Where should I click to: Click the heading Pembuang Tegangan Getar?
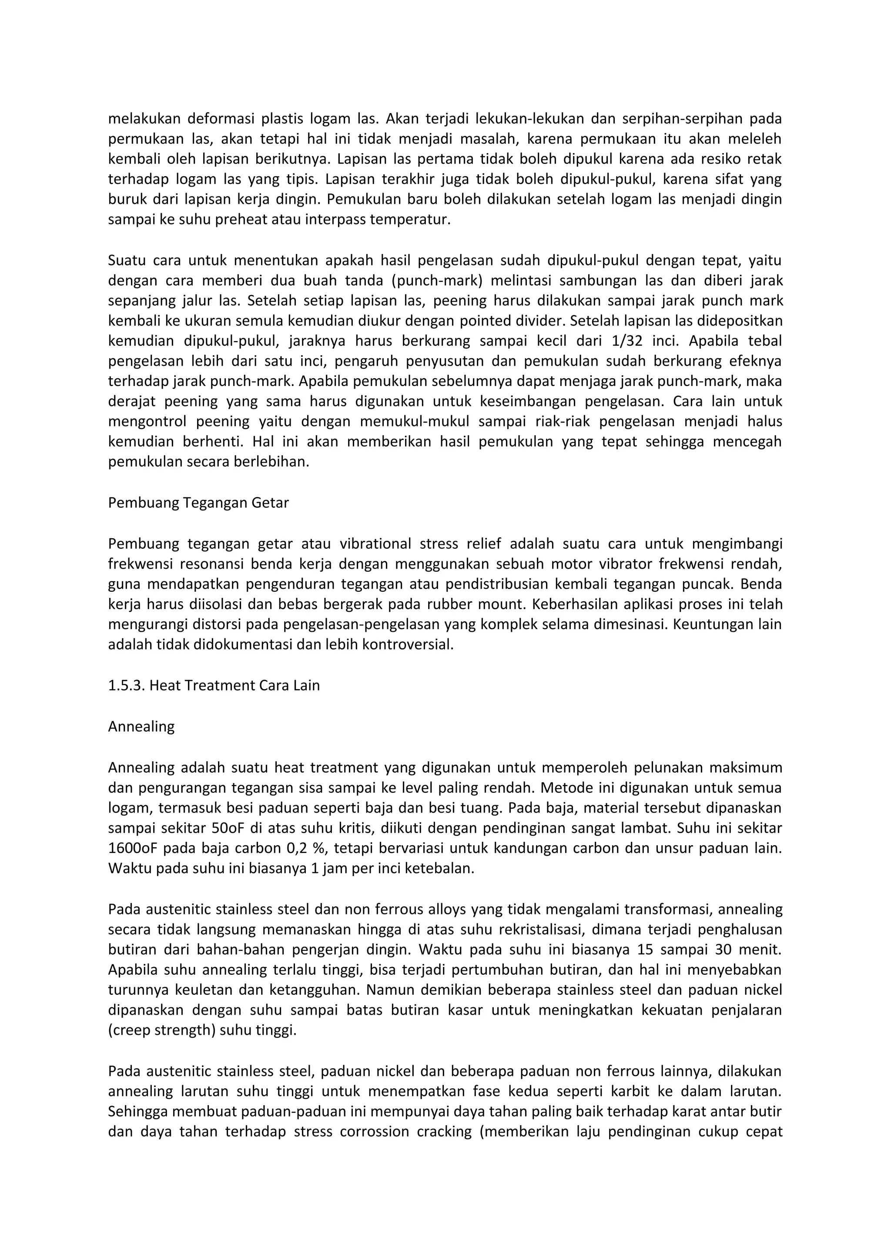pos(198,503)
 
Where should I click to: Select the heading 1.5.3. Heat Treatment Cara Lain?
pos(214,685)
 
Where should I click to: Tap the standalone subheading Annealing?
pos(141,727)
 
